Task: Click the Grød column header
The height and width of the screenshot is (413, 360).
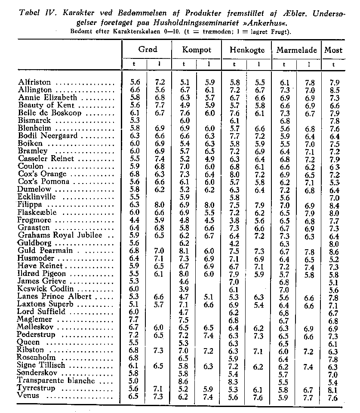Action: pyautogui.click(x=148, y=49)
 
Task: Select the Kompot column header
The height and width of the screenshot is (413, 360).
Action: pyautogui.click(x=197, y=49)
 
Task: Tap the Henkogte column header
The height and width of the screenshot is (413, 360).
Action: pyautogui.click(x=246, y=50)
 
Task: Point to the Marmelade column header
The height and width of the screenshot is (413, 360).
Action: pyautogui.click(x=296, y=50)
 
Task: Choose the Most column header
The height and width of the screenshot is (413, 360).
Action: pyautogui.click(x=333, y=50)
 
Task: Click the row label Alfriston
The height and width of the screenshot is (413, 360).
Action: pyautogui.click(x=34, y=82)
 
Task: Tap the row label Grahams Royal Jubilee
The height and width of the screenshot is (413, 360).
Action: pyautogui.click(x=54, y=235)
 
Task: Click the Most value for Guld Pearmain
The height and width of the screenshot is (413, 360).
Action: pyautogui.click(x=334, y=251)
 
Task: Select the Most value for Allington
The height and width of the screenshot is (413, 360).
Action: pyautogui.click(x=334, y=90)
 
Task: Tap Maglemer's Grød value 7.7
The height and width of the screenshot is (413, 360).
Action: pyautogui.click(x=135, y=319)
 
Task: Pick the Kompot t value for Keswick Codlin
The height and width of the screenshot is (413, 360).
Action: pyautogui.click(x=185, y=289)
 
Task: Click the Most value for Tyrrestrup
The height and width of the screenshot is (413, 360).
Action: pyautogui.click(x=334, y=388)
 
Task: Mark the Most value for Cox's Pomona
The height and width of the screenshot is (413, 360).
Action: pyautogui.click(x=334, y=182)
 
